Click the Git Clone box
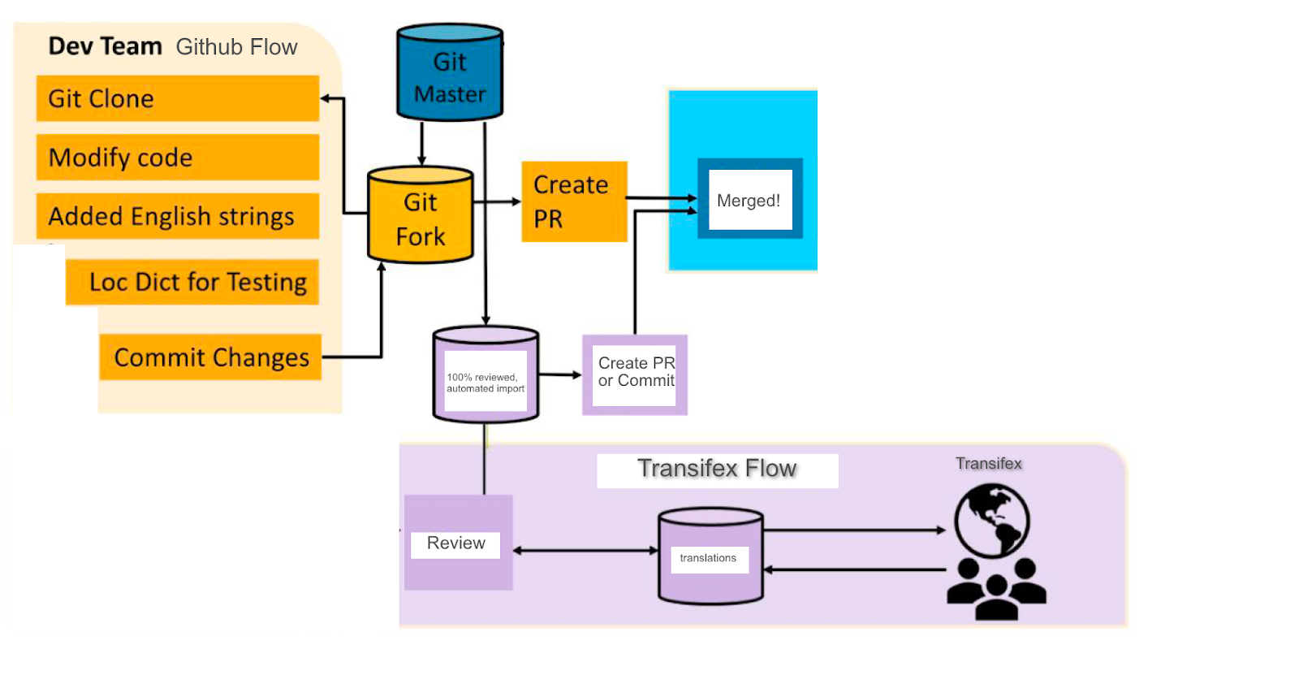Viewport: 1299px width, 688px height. tap(177, 98)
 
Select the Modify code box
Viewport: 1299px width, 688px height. tap(177, 157)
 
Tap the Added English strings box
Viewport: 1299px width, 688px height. tap(177, 216)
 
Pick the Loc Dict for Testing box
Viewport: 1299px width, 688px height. tap(192, 282)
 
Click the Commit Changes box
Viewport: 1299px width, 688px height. tap(210, 357)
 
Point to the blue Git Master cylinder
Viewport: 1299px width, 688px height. tap(450, 74)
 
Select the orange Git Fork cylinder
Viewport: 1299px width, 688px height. tap(420, 217)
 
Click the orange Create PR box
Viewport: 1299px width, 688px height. tap(574, 201)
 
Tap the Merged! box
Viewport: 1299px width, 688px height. tap(749, 199)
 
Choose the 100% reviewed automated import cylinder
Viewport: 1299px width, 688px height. tap(486, 376)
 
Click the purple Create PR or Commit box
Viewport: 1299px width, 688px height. tap(635, 374)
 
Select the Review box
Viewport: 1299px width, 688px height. tap(458, 543)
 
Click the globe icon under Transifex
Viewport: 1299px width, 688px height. tap(991, 521)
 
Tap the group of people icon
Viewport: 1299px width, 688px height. tap(996, 589)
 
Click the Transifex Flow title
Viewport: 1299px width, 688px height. tap(717, 469)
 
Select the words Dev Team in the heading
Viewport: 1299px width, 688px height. tap(105, 46)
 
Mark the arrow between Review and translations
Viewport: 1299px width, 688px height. tap(585, 551)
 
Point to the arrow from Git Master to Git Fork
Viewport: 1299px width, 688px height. tap(421, 144)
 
